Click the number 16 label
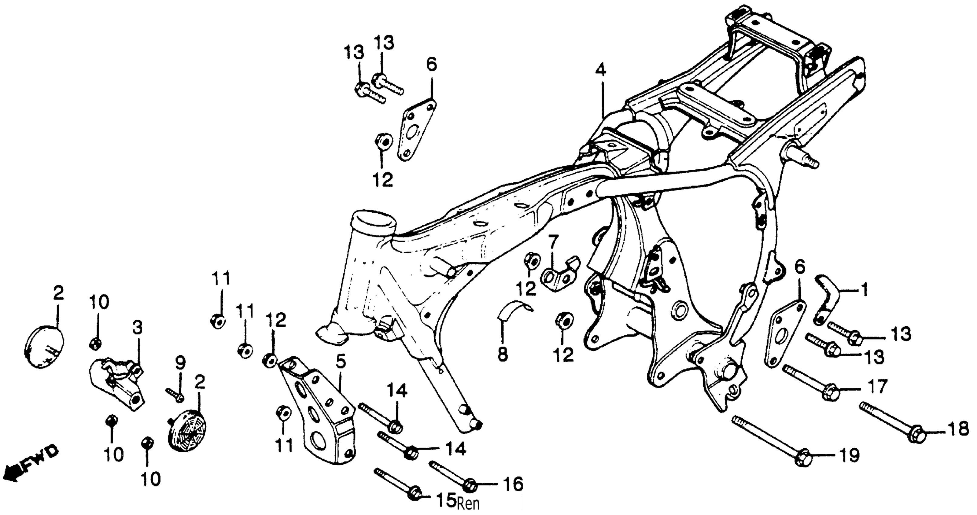(513, 484)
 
